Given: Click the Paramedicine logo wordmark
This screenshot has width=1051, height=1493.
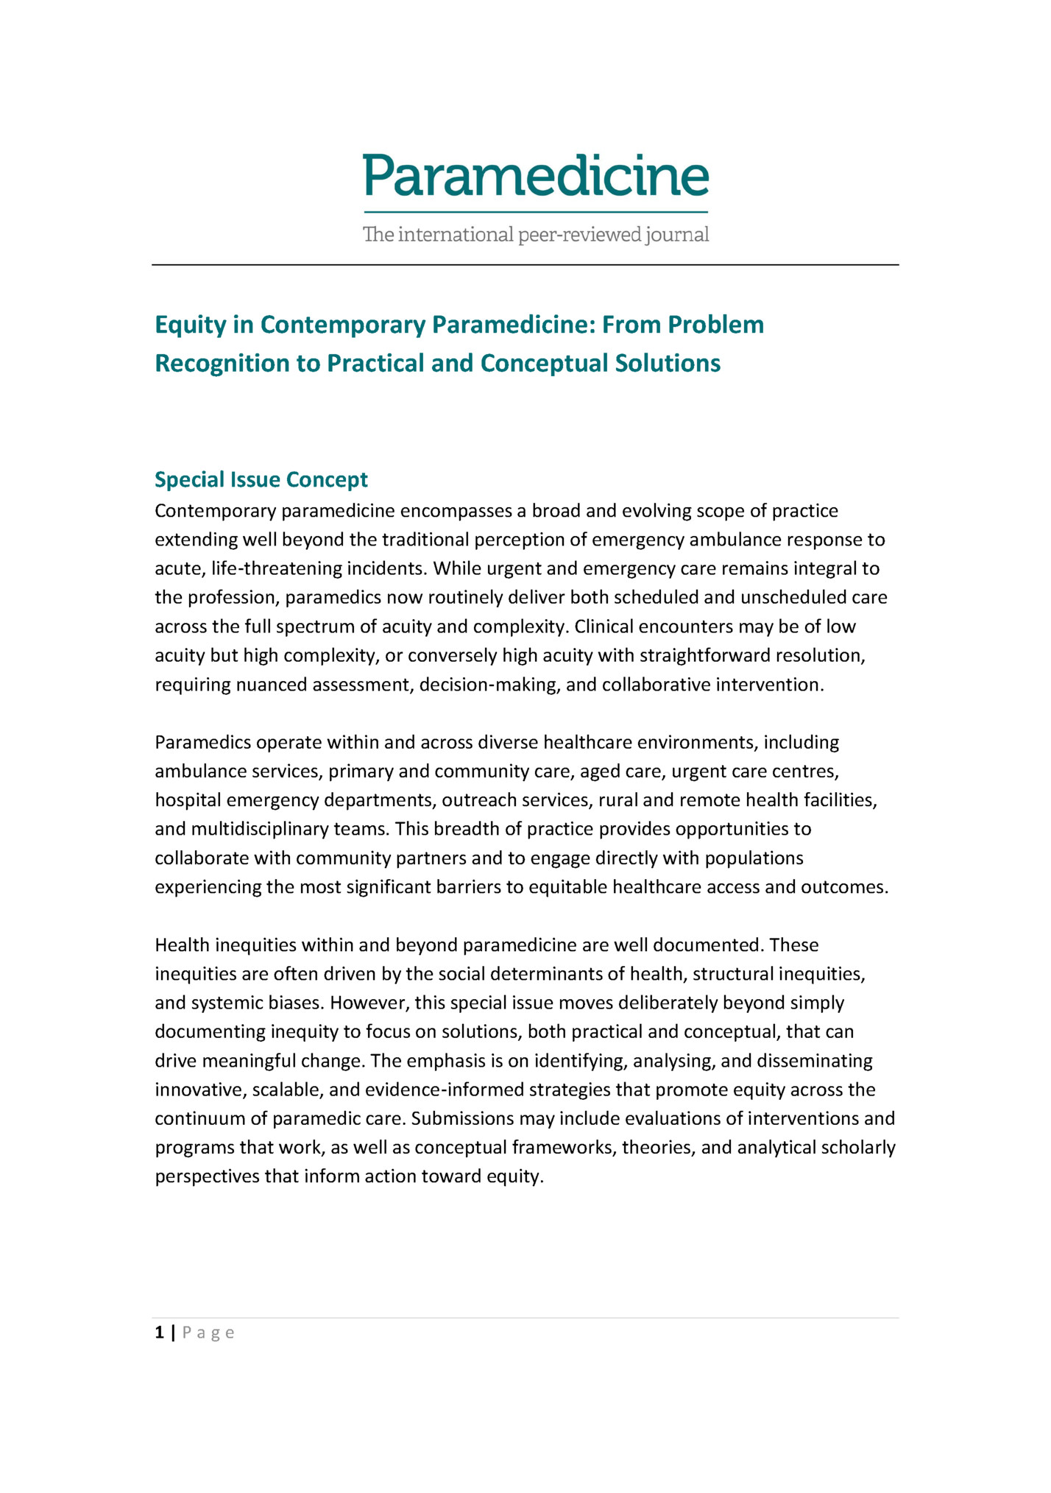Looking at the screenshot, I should [x=536, y=177].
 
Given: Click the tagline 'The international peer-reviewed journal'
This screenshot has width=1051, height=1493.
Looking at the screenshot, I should [x=536, y=235].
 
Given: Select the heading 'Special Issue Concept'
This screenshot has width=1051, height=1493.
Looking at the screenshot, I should [x=261, y=480].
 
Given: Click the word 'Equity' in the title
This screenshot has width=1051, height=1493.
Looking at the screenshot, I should [x=191, y=325].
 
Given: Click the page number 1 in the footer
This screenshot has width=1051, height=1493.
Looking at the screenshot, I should [x=159, y=1333].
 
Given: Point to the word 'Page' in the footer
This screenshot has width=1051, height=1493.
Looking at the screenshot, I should [x=208, y=1333].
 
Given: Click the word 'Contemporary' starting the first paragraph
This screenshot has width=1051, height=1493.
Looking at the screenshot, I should [x=215, y=511].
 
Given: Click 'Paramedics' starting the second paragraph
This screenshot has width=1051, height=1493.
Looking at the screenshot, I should [x=202, y=743].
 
